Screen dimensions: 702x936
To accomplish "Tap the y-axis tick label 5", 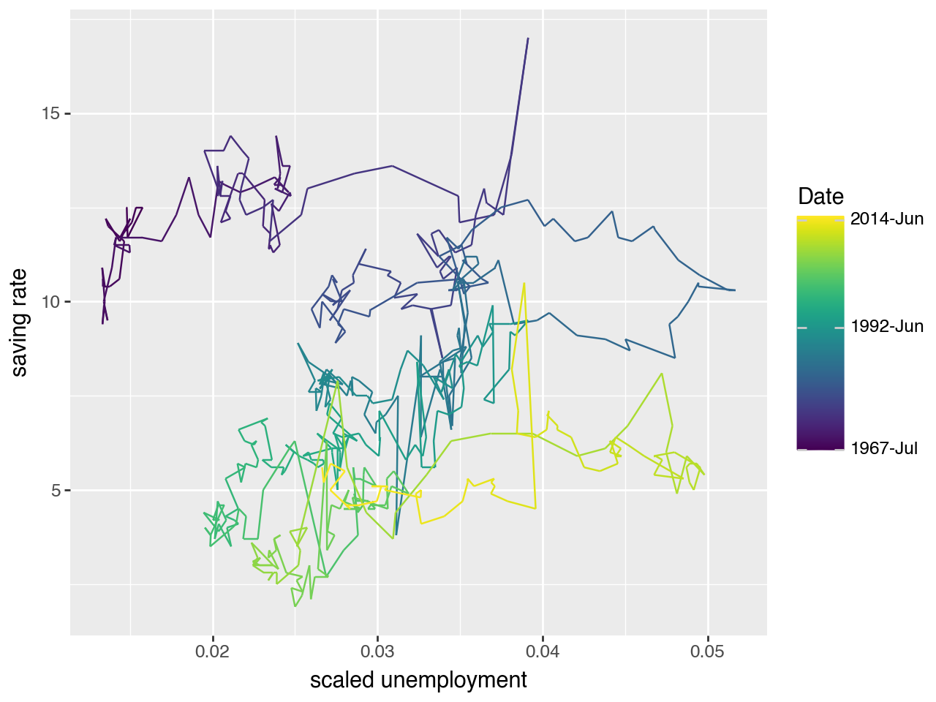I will tap(56, 490).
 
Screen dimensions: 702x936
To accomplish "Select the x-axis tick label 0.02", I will tap(213, 652).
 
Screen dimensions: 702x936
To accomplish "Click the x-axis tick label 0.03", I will tap(378, 652).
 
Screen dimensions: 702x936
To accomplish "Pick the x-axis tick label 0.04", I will tap(543, 652).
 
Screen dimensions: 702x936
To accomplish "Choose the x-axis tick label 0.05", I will tap(707, 652).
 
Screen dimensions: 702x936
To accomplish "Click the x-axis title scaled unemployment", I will tap(418, 680).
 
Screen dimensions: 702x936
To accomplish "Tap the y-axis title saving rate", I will tap(20, 322).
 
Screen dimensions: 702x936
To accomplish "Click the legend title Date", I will tap(820, 196).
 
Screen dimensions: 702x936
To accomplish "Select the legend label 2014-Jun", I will tap(887, 219).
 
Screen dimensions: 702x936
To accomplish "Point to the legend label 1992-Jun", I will tap(887, 327).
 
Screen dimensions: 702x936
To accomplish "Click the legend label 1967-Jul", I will tap(884, 448).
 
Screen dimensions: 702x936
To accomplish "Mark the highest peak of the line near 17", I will tap(528, 39).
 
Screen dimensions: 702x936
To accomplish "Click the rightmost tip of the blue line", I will tap(734, 290).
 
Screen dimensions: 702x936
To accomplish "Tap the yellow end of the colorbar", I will tap(820, 219).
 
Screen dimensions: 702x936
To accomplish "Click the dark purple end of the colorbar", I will tap(820, 447).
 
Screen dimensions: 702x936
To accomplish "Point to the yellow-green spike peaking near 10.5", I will tap(524, 284).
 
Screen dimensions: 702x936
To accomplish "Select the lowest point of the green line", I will tap(295, 606).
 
